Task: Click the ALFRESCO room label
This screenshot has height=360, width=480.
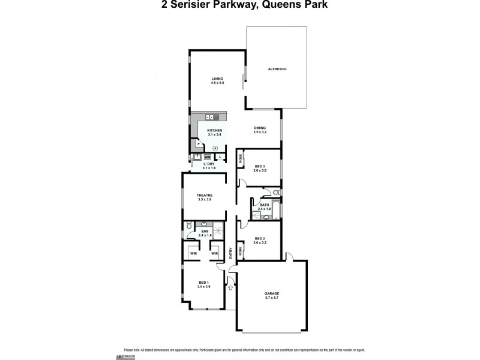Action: point(277,70)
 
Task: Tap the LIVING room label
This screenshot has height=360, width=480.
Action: point(217,79)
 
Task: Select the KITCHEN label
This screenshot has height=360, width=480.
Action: point(215,131)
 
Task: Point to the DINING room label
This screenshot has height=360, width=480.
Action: point(260,128)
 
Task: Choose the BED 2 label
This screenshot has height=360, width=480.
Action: point(260,239)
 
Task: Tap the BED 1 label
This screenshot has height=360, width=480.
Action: point(204,283)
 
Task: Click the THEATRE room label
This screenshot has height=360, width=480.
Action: point(205,195)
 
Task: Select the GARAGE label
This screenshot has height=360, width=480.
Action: point(272,293)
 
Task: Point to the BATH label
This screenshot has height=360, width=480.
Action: point(265,205)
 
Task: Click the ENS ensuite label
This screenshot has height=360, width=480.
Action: point(205,231)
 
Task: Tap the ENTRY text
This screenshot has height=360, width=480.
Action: point(231,254)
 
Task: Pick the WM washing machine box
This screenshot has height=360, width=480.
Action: point(208,157)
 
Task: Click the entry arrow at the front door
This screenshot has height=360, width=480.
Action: point(230,289)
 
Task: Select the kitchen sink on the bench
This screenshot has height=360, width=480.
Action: point(210,116)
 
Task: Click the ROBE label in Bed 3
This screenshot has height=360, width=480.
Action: point(241,159)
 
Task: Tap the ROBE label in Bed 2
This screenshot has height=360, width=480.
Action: point(241,251)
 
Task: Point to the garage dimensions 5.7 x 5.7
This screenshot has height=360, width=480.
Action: point(272,298)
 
